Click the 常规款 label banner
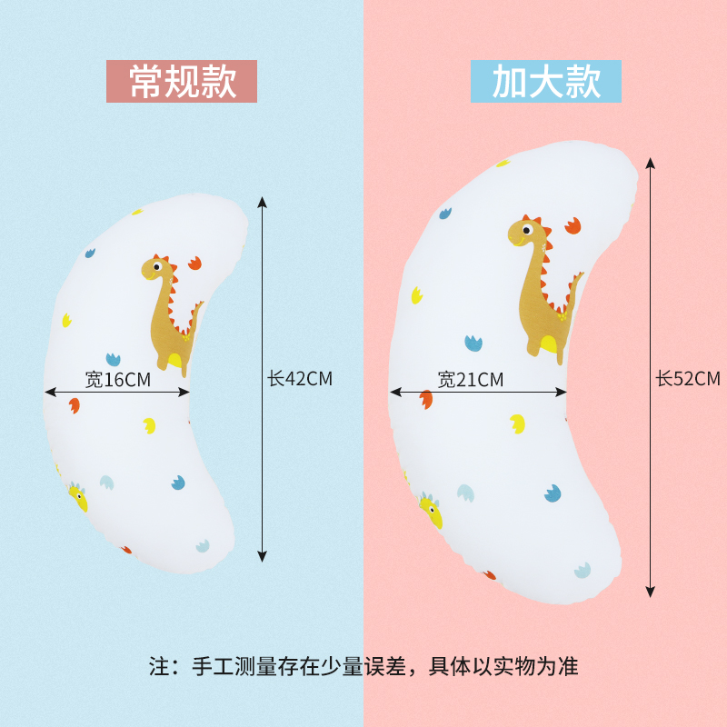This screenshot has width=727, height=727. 182,81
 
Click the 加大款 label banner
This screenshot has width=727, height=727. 546,81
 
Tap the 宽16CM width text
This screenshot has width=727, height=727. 118,380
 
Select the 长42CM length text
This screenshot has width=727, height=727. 300,379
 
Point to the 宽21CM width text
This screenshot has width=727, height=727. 471,380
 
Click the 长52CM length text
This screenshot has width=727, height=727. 688,379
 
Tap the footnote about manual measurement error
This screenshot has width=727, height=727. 363,666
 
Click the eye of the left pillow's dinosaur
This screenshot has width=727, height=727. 158,267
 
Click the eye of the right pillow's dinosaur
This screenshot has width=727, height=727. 526,230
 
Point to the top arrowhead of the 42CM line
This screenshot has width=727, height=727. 263,202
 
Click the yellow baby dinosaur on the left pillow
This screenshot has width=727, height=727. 78,497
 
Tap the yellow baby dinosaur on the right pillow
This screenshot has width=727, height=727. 431,511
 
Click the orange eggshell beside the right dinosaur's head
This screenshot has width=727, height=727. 573,224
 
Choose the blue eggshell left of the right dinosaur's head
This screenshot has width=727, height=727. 445,214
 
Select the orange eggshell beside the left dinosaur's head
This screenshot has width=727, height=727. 194,263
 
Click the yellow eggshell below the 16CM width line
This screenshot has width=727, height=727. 149,424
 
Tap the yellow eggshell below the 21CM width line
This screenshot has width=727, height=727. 517,423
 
